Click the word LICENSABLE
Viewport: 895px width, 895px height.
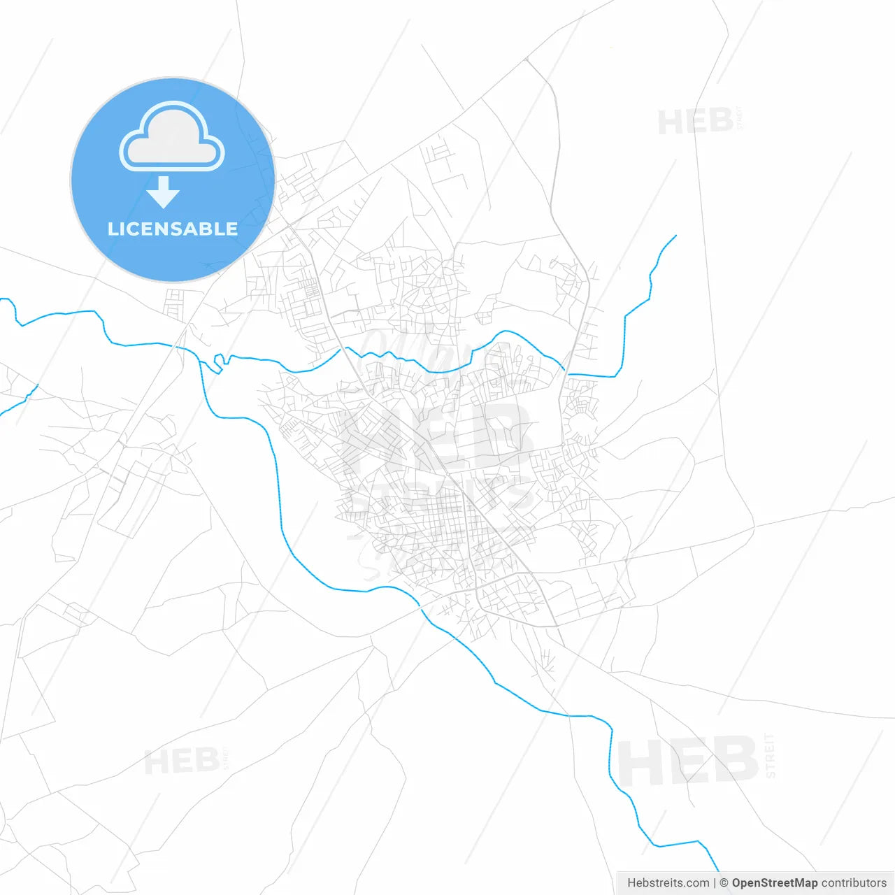(173, 229)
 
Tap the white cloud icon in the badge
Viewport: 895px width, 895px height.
(172, 138)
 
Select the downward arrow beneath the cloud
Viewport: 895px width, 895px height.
(164, 192)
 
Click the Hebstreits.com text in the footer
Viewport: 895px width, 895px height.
(668, 883)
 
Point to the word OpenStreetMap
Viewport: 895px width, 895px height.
(774, 883)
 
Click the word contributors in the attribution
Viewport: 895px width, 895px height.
(854, 883)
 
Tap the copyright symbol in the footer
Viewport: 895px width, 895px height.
(724, 883)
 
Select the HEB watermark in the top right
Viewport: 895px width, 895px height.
(695, 122)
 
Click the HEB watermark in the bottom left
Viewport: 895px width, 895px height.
(182, 761)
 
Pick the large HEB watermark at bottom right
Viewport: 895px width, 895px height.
(688, 761)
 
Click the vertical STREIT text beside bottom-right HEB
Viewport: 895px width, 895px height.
(771, 755)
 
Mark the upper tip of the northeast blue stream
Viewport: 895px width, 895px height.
(675, 236)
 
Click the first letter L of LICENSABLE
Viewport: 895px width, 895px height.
(112, 229)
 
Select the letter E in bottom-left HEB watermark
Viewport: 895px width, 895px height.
(182, 761)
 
